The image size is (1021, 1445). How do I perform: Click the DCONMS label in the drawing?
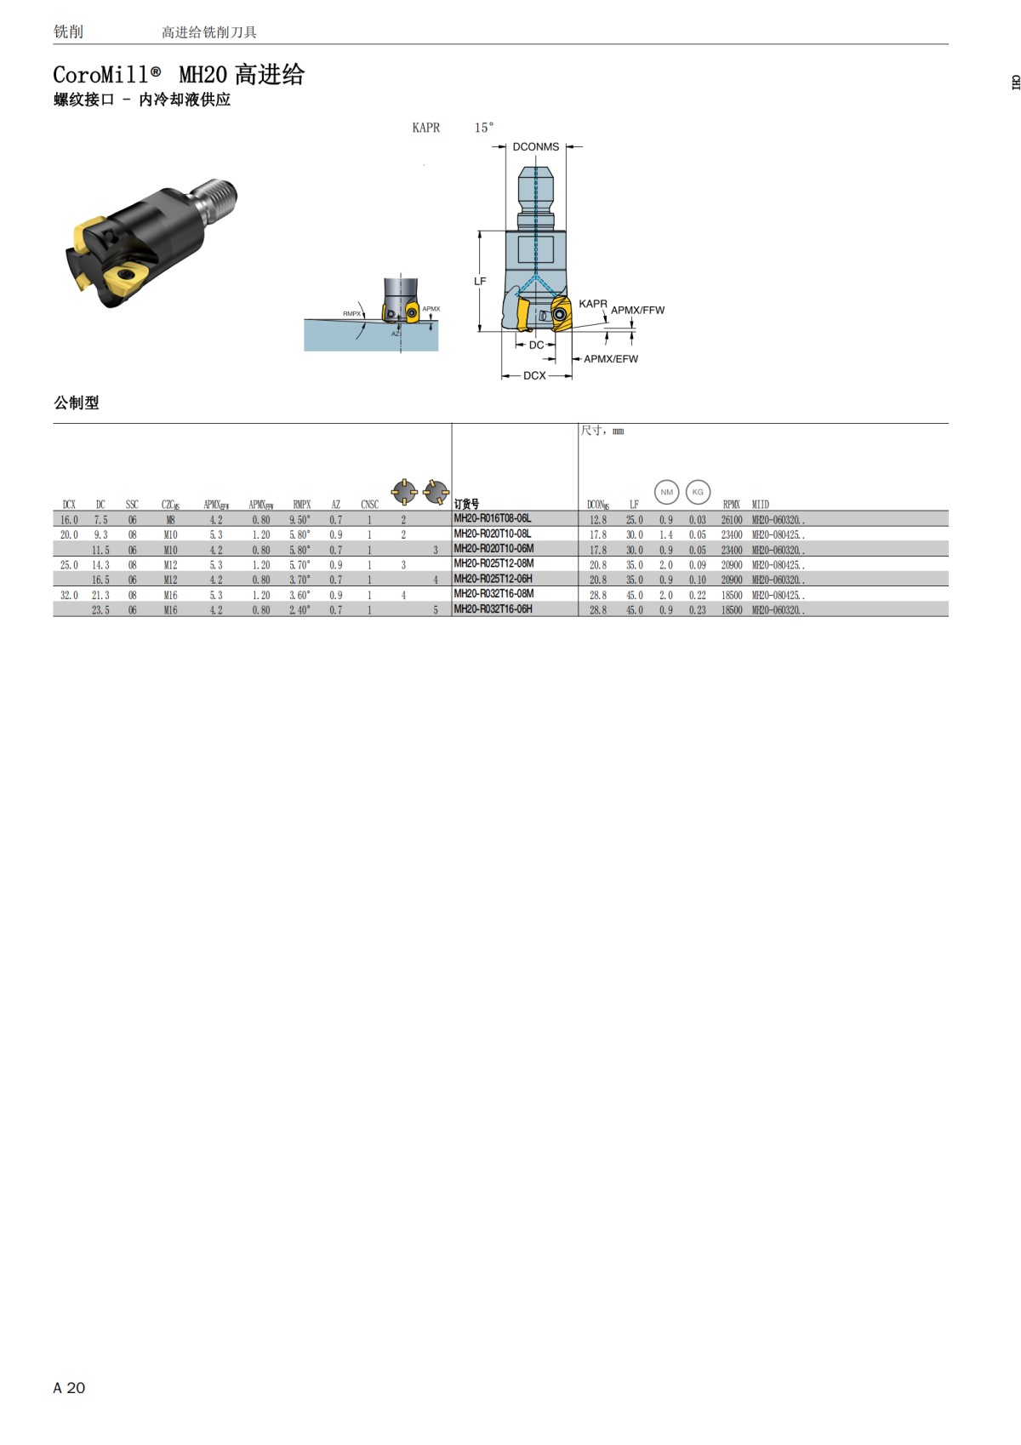pyautogui.click(x=536, y=146)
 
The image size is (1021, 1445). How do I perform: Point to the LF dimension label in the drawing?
pyautogui.click(x=480, y=281)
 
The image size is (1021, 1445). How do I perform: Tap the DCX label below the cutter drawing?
pyautogui.click(x=534, y=375)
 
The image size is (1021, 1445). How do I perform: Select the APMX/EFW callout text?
pyautogui.click(x=610, y=359)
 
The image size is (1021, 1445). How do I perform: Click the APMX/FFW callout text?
pyautogui.click(x=637, y=310)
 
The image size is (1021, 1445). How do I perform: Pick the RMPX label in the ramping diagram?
pyautogui.click(x=351, y=314)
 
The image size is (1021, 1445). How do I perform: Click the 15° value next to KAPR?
pyautogui.click(x=484, y=128)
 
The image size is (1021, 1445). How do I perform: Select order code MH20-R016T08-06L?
pyautogui.click(x=493, y=518)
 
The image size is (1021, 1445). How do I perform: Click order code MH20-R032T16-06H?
pyautogui.click(x=493, y=609)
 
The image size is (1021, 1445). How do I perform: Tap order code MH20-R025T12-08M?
pyautogui.click(x=493, y=563)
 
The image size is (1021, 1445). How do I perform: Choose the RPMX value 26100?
pyautogui.click(x=731, y=519)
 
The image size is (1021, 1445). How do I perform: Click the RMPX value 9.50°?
pyautogui.click(x=299, y=519)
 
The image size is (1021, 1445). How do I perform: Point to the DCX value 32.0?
pyautogui.click(x=69, y=595)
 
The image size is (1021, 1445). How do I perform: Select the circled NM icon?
pyautogui.click(x=666, y=492)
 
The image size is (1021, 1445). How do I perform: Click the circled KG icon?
pyautogui.click(x=698, y=492)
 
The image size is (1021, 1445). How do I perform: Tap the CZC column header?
pyautogui.click(x=170, y=505)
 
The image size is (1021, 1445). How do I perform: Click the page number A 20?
pyautogui.click(x=69, y=1388)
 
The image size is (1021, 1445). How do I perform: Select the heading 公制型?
pyautogui.click(x=77, y=403)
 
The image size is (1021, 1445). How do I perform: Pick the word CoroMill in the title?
pyautogui.click(x=101, y=75)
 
